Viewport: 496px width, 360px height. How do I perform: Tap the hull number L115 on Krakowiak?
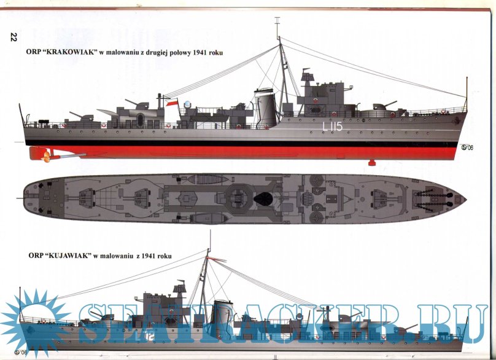coord(332,127)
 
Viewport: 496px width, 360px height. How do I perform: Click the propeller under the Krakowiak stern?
coord(45,154)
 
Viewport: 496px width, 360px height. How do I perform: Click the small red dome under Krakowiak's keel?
coord(371,163)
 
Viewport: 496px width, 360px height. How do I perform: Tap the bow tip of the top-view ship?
coord(465,199)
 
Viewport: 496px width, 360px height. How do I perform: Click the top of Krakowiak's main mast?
coord(277,22)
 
